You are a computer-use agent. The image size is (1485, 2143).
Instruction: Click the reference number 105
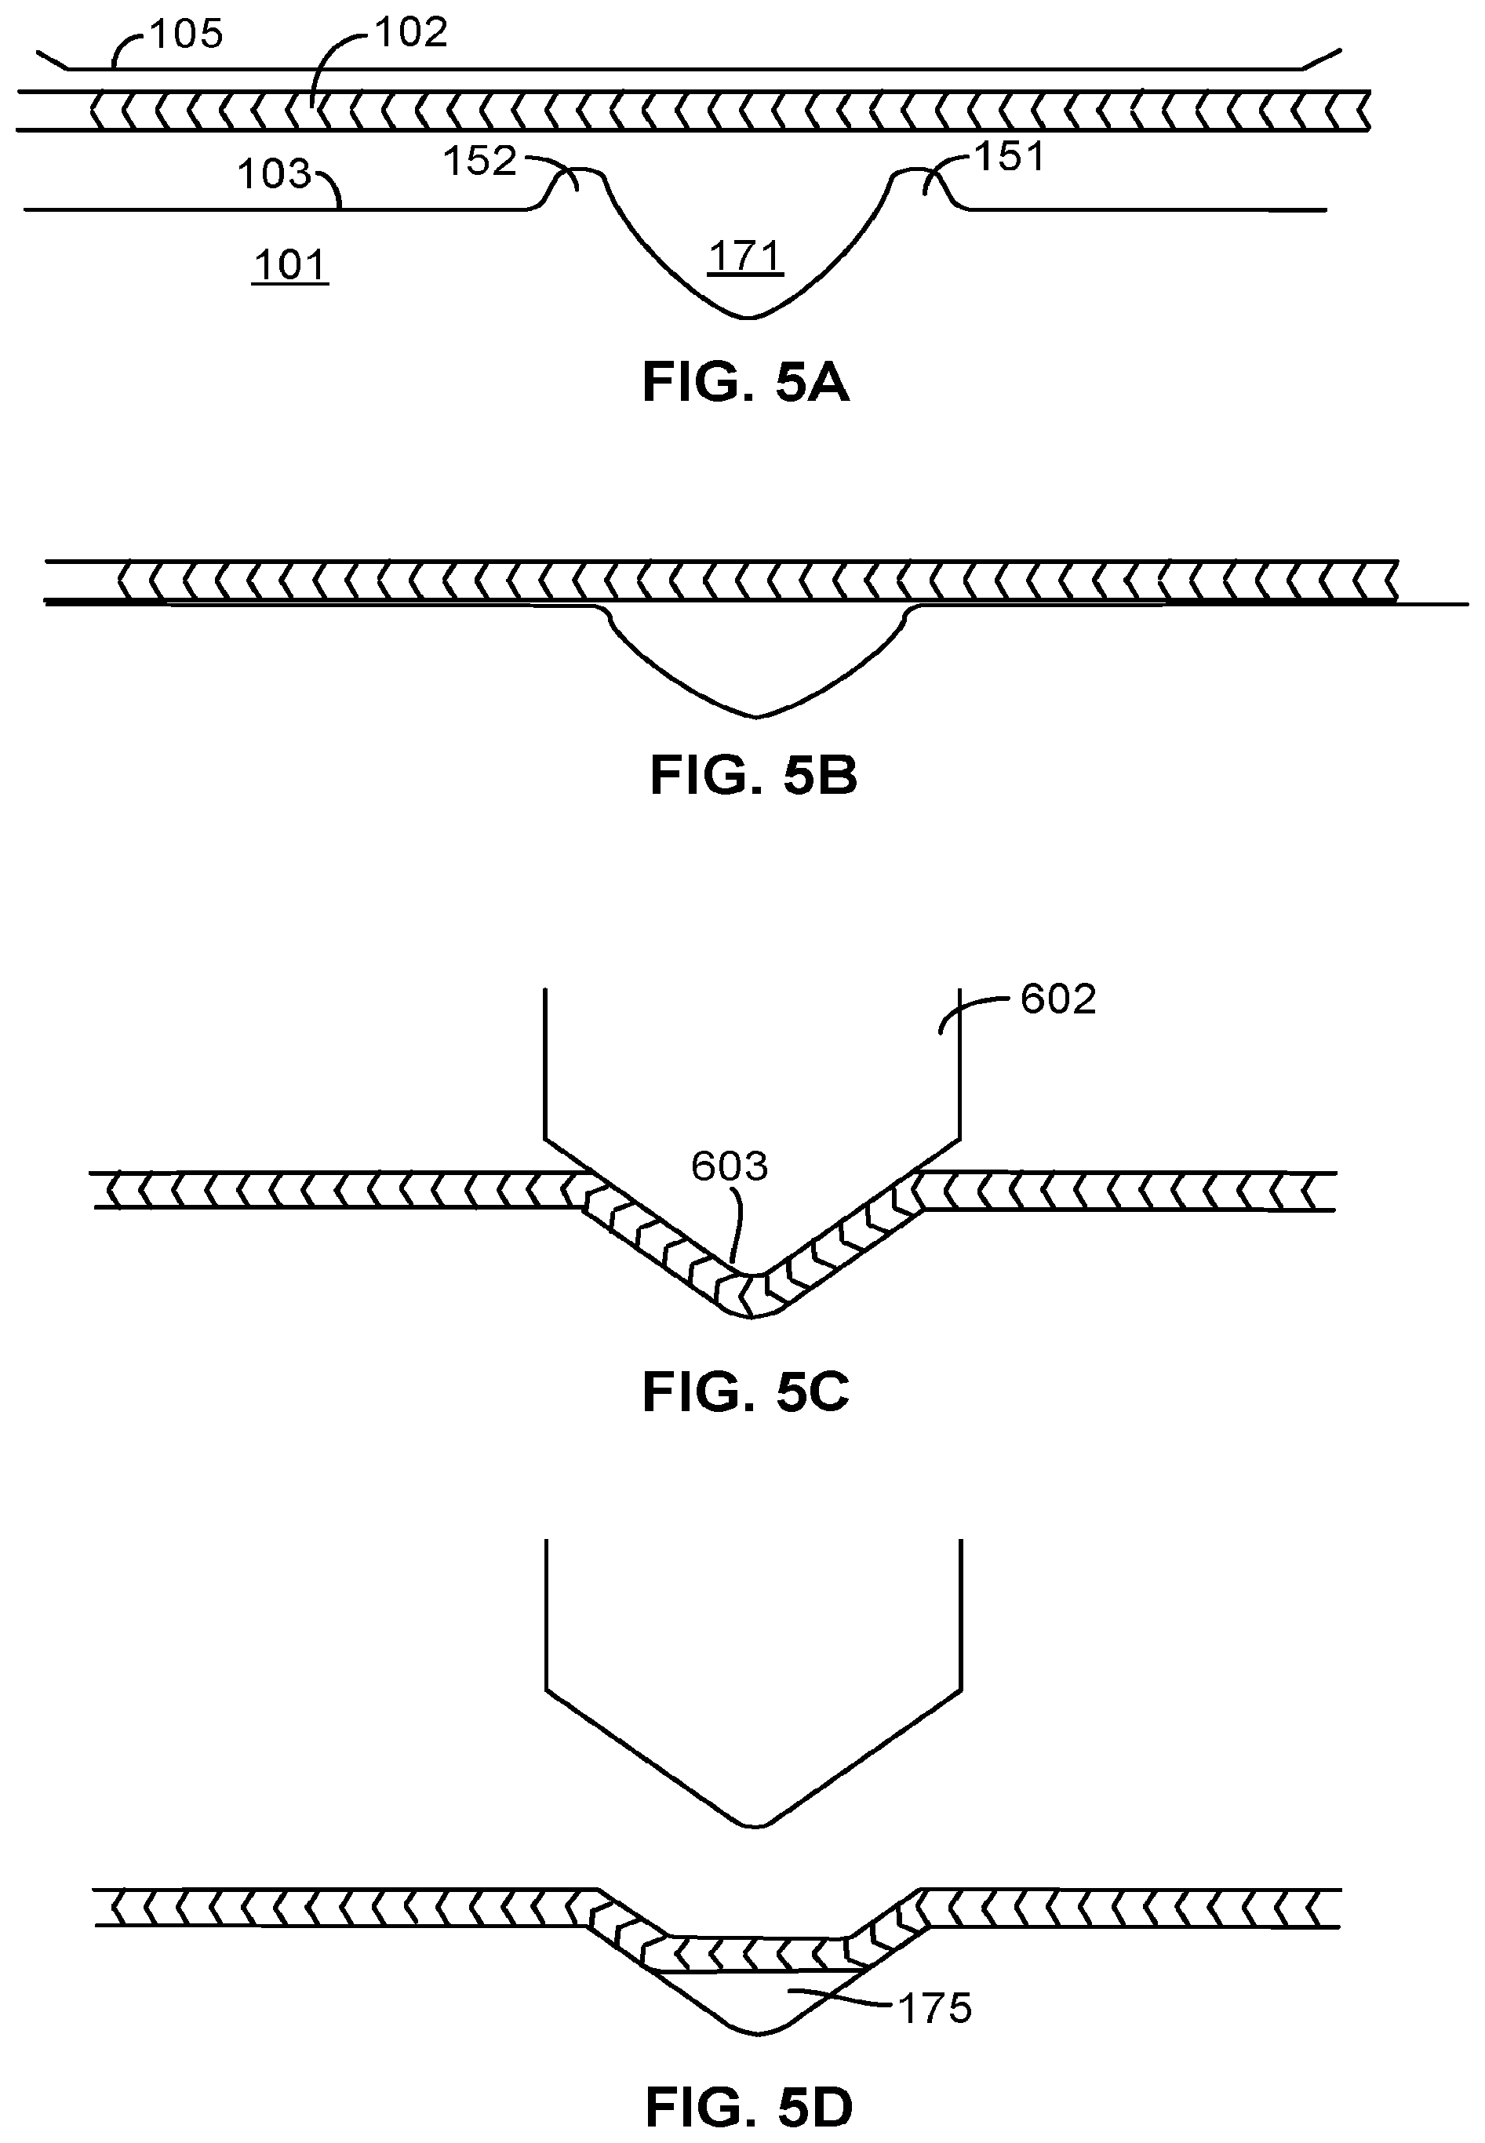click(x=186, y=35)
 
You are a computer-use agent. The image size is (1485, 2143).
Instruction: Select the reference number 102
click(x=410, y=33)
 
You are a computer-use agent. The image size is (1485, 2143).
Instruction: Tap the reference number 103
click(x=273, y=174)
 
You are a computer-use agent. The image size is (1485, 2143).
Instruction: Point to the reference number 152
click(x=479, y=161)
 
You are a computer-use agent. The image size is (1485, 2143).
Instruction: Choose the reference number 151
click(x=1010, y=156)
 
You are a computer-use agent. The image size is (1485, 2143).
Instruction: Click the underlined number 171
click(x=745, y=256)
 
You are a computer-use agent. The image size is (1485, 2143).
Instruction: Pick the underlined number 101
click(x=290, y=265)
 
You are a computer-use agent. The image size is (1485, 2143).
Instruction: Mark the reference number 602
click(x=1058, y=999)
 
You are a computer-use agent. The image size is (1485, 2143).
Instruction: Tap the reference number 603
click(x=730, y=1166)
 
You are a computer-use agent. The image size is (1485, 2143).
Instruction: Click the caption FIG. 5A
click(x=745, y=384)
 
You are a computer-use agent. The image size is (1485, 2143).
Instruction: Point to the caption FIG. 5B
click(x=753, y=775)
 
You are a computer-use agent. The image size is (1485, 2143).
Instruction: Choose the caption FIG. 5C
click(x=745, y=1392)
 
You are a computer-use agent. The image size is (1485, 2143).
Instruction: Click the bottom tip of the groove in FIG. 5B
click(x=756, y=716)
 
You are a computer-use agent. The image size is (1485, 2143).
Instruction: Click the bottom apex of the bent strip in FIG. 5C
click(x=752, y=1316)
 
